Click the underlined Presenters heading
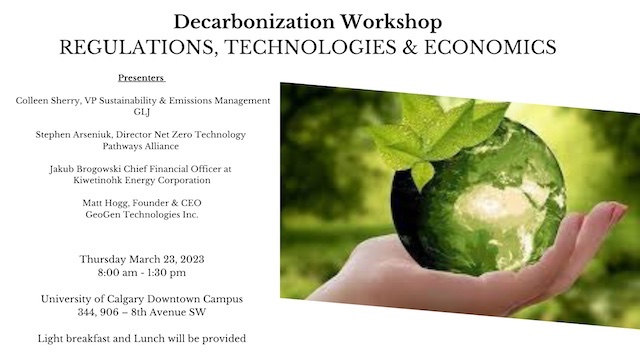141,77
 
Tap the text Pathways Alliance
141,146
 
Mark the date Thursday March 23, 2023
141,260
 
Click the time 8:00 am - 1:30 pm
141,273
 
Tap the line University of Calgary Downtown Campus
141,299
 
